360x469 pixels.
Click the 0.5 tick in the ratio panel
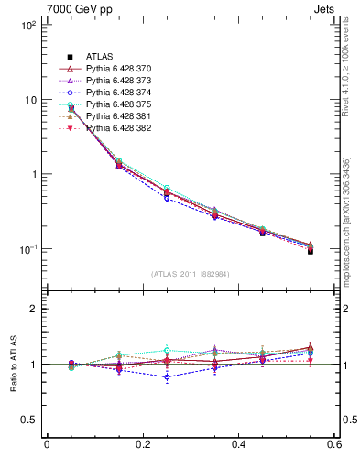tap(31, 420)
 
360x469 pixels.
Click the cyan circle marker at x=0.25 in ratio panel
tap(167, 350)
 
